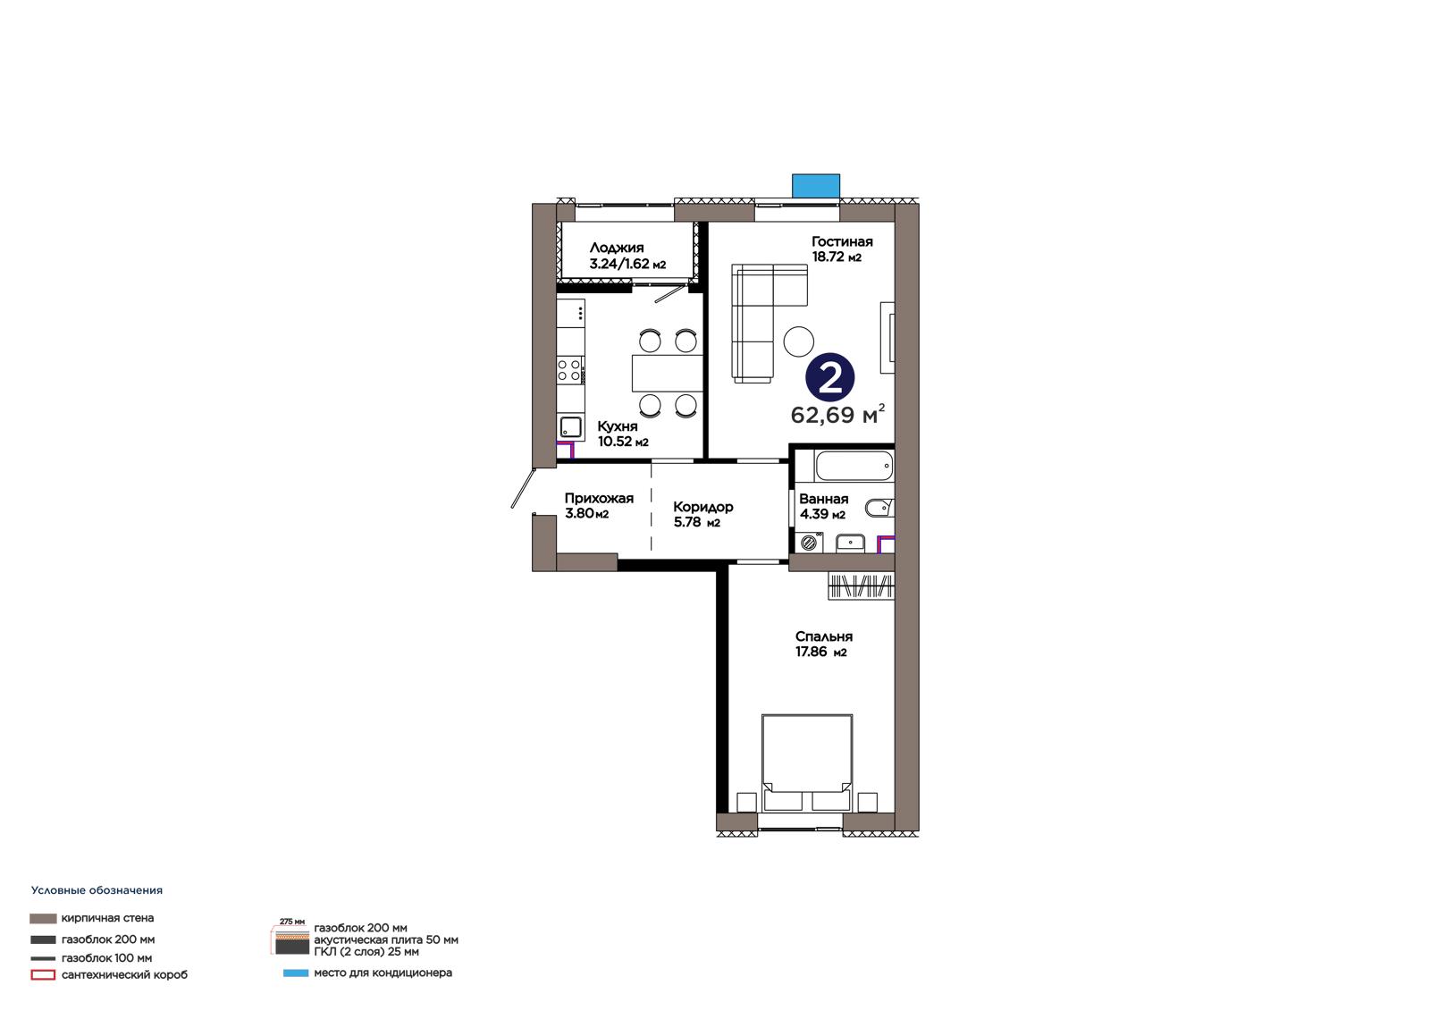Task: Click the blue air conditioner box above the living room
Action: [816, 186]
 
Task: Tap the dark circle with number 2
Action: [830, 377]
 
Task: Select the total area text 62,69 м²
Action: [837, 415]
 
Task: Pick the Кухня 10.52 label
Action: [623, 434]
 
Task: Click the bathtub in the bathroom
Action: [854, 467]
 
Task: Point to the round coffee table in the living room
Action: [799, 341]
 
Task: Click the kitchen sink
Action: [570, 426]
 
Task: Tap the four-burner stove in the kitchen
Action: [570, 370]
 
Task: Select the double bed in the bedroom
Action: [807, 763]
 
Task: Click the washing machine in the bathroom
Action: [809, 543]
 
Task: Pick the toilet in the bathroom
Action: [879, 508]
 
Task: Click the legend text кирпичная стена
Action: [107, 918]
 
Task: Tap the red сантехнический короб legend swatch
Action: [43, 975]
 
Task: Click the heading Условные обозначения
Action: [97, 890]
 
